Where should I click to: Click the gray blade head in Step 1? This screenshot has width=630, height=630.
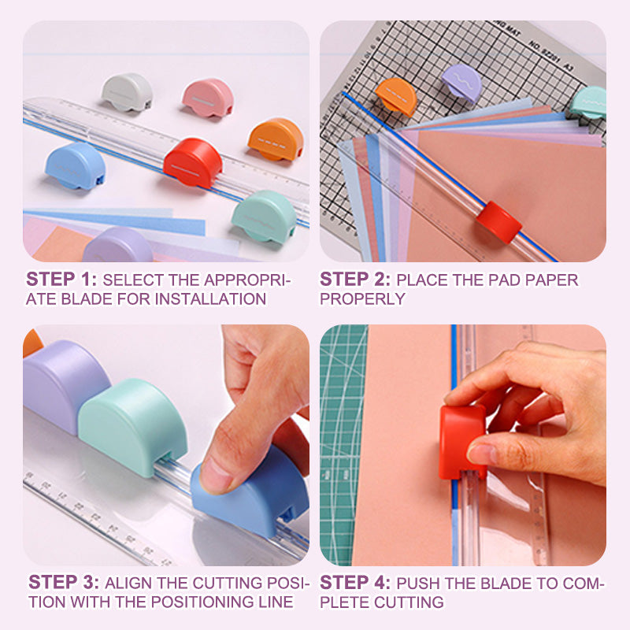coord(127,92)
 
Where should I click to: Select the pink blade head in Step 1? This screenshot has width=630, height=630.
coord(208,98)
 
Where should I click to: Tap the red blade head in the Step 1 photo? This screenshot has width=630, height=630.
coord(193,163)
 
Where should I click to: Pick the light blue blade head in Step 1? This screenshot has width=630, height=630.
coord(75,165)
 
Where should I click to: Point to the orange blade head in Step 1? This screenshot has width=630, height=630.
coord(276,139)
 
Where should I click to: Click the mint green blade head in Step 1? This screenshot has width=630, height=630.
coord(265,217)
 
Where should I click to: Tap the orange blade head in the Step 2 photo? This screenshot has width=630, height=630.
coord(396,96)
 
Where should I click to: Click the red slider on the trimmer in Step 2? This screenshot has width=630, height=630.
coord(499,222)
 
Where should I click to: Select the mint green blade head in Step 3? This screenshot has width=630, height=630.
coord(133,427)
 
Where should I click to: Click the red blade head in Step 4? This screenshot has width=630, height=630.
coord(462,442)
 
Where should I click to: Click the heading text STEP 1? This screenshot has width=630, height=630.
coord(61,280)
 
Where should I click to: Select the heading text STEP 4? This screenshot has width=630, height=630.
coord(355,583)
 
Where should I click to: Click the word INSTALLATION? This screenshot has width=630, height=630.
coord(210,299)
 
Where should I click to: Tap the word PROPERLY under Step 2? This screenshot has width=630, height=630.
coord(362,299)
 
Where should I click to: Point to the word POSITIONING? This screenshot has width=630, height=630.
coord(202,602)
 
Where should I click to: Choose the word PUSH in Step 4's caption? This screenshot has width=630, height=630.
coord(416,584)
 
